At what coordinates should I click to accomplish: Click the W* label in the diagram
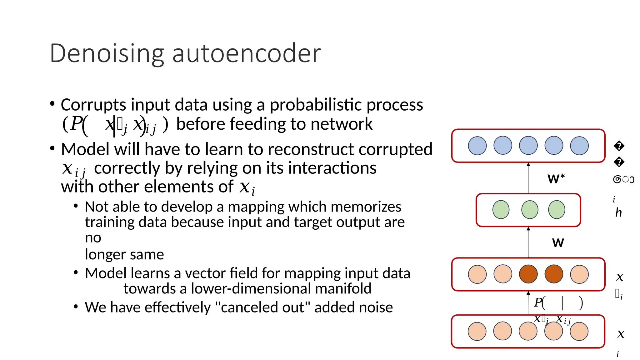coord(556,179)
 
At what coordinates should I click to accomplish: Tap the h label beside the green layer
coord(618,213)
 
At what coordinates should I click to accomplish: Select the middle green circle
coord(530,210)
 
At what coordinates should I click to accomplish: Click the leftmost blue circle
coord(477,146)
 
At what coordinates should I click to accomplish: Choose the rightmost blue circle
coord(579,146)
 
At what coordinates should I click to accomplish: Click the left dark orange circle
coord(528,274)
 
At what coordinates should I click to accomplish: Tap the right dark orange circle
coord(554,274)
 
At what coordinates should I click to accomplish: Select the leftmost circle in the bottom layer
coord(477,331)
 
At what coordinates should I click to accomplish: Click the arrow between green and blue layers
coord(528,178)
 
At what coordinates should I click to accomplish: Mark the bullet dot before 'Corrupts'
coord(52,104)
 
